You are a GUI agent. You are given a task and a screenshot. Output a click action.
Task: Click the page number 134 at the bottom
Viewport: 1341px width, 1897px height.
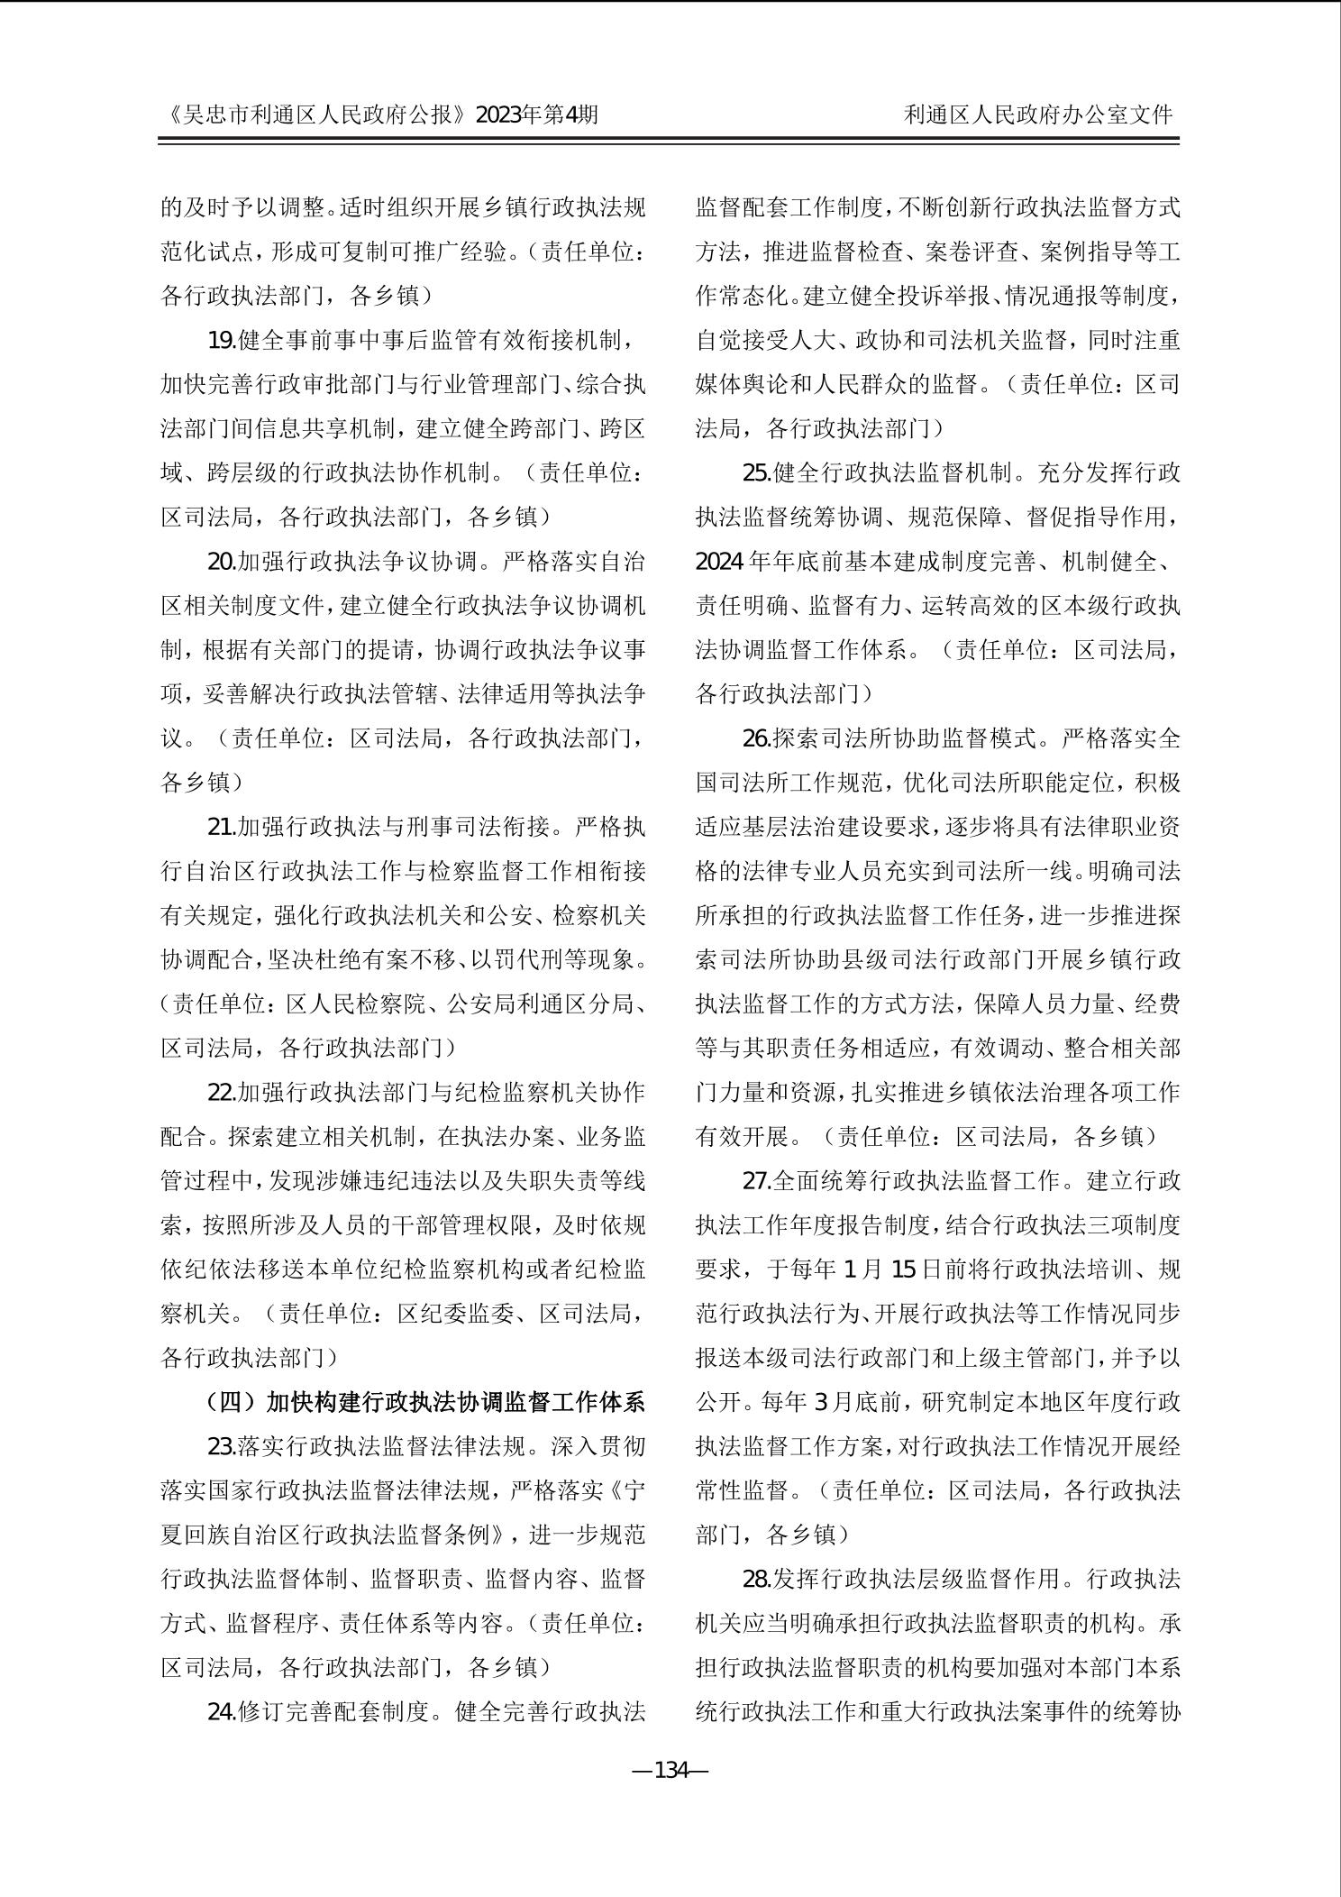click(x=670, y=1771)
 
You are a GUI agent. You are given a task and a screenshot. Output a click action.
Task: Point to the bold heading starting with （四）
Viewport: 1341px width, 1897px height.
click(x=425, y=1402)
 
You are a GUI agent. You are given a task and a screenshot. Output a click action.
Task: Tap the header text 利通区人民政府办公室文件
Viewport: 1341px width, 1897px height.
click(x=1039, y=115)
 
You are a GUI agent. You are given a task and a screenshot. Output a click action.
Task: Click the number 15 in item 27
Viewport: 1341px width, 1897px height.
click(x=903, y=1269)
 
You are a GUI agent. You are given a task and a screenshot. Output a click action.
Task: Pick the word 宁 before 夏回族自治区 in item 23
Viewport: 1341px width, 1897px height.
click(x=634, y=1490)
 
